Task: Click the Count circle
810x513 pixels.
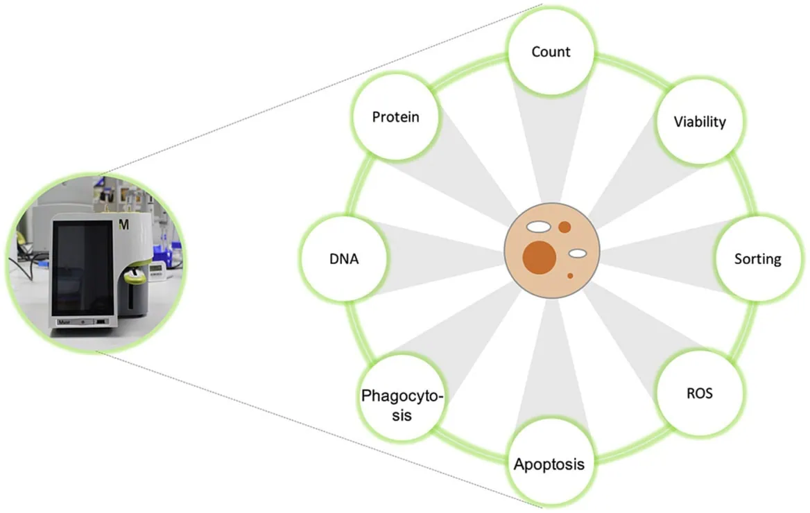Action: [551, 53]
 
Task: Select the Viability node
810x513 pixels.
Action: [699, 123]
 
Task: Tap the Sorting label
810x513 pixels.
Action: [757, 259]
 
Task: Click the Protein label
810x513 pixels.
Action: [396, 116]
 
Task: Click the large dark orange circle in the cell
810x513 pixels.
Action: [540, 256]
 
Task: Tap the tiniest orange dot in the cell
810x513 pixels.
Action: [570, 276]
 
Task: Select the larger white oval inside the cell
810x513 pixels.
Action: [537, 226]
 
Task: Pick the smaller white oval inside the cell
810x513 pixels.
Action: [578, 254]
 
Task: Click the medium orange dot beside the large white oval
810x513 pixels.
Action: [565, 227]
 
